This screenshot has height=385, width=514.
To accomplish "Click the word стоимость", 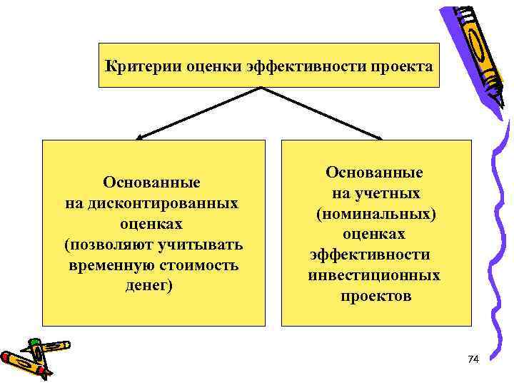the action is point(201,265).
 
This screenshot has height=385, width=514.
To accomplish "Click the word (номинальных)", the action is point(374,214).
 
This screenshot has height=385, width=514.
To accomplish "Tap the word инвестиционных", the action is point(374,275).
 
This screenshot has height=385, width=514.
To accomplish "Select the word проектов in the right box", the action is point(376,296).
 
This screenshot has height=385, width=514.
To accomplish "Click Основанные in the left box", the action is point(151,183).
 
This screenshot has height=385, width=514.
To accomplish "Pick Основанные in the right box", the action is point(374,173).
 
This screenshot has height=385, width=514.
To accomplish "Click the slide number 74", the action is point(473,359).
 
